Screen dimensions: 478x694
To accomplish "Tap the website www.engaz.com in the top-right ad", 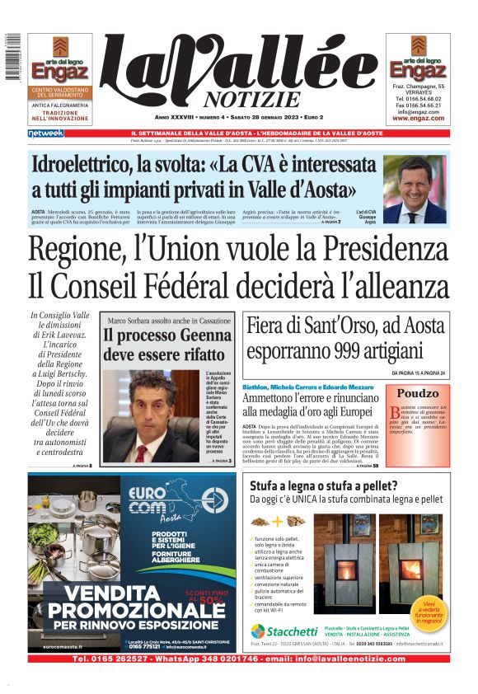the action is point(418,119).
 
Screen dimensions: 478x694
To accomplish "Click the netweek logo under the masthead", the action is point(45,133).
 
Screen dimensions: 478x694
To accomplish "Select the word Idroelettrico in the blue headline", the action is point(89,164).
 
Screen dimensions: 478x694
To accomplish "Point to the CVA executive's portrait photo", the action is point(414,189).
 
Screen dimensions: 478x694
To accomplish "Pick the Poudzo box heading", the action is point(417,393).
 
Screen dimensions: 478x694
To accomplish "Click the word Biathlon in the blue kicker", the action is point(259,386).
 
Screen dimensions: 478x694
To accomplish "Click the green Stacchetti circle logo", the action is point(258,631).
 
